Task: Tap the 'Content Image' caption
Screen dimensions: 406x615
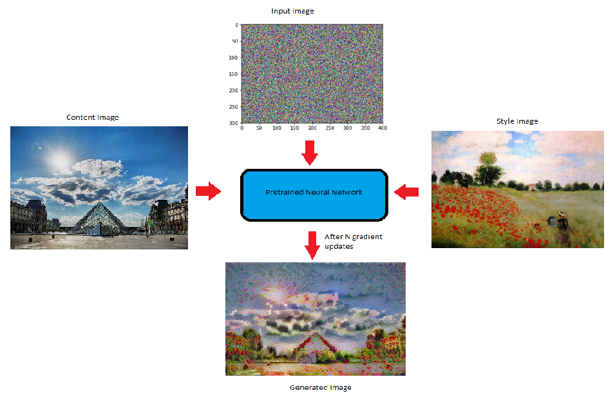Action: (92, 117)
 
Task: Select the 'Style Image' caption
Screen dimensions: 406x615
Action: (516, 121)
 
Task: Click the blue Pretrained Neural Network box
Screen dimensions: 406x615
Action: (314, 193)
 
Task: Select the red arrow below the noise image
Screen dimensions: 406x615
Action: (310, 152)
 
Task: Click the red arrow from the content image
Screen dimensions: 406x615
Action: (207, 191)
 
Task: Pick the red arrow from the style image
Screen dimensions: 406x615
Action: (406, 191)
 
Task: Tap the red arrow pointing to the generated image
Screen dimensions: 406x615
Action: (312, 245)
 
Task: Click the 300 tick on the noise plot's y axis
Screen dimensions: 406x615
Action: (234, 122)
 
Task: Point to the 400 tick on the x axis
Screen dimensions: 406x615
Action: (383, 129)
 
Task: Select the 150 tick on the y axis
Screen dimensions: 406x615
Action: (234, 73)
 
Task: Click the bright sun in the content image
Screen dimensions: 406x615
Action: (60, 158)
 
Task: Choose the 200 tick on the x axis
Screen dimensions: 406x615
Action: (312, 129)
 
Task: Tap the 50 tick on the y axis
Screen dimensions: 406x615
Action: (235, 41)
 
